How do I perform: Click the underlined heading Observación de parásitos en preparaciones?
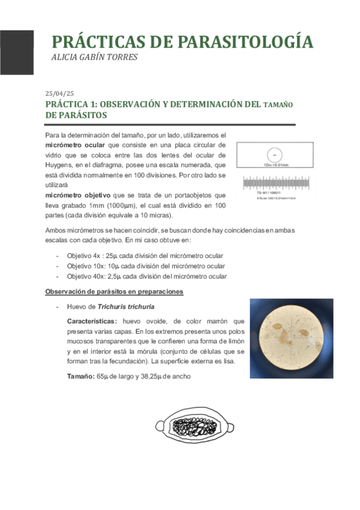pyautogui.click(x=115, y=292)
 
